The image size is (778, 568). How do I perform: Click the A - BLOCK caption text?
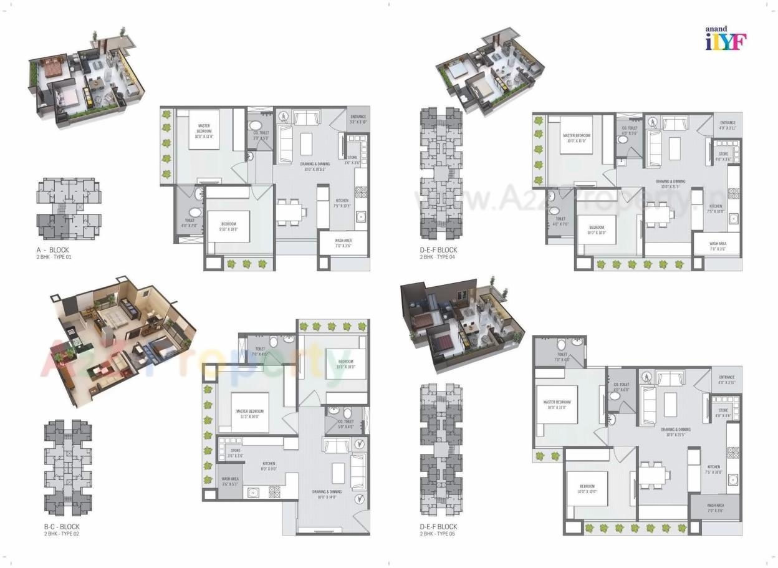(52, 249)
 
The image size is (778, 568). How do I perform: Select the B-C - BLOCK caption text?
(62, 527)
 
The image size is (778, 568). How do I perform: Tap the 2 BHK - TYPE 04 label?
(438, 257)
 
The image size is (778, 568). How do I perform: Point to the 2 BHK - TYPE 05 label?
(438, 534)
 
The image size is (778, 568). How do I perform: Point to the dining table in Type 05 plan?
(653, 472)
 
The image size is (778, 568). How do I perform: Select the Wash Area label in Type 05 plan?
(716, 507)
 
